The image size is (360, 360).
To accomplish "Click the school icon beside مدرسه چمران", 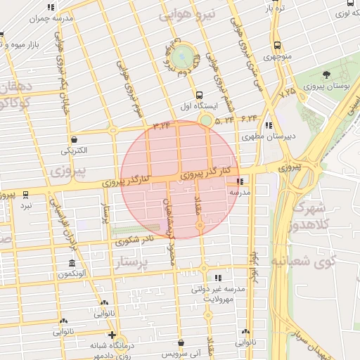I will click(50, 7).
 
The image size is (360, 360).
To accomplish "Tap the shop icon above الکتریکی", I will click(74, 139).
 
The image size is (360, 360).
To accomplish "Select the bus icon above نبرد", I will click(26, 194).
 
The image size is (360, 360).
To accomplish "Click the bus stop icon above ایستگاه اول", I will click(200, 94).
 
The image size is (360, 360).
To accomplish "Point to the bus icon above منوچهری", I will click(275, 44).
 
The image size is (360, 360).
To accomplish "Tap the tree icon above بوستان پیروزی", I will click(325, 75).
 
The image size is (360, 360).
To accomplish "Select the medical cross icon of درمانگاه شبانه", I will click(112, 335).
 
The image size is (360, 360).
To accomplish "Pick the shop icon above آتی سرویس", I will click(181, 342).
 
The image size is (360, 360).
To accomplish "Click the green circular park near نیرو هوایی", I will click(184, 56).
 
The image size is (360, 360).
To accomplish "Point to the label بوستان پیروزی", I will click(327, 86).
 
